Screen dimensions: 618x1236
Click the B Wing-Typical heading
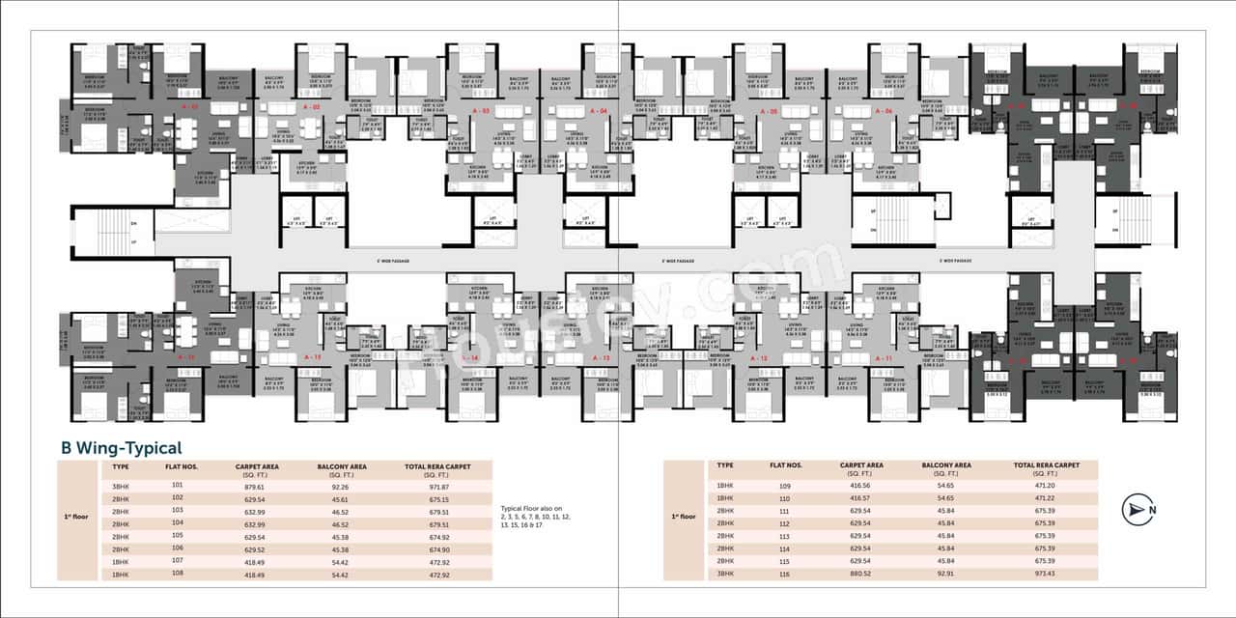(x=121, y=448)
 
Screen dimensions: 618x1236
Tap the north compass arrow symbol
(x=1138, y=509)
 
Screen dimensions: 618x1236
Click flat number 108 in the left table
(x=177, y=575)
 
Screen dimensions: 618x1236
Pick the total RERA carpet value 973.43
(x=1044, y=575)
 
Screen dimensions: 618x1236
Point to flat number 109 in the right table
(x=784, y=487)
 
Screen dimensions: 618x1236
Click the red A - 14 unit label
(x=469, y=358)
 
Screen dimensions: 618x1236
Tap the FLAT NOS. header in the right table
(x=785, y=465)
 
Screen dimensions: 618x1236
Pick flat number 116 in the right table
(x=784, y=575)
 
